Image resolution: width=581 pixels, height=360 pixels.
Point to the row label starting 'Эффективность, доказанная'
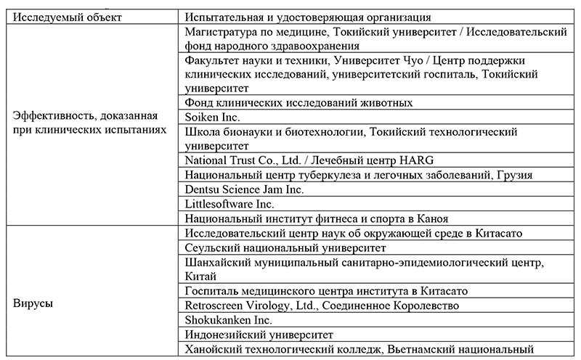89,123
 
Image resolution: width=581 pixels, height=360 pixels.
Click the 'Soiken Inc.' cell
212,116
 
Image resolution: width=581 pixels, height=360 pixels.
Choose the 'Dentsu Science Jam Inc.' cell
244,189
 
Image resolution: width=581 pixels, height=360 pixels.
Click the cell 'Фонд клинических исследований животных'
299,102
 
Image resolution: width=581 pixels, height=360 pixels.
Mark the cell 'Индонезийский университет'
259,335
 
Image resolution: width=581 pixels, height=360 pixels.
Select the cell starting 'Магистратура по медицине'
375,40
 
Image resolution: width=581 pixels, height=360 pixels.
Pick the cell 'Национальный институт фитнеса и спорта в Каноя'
316,218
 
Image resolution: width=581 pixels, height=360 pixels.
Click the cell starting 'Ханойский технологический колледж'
354,350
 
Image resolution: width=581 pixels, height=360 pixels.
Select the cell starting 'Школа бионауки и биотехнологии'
351,138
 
